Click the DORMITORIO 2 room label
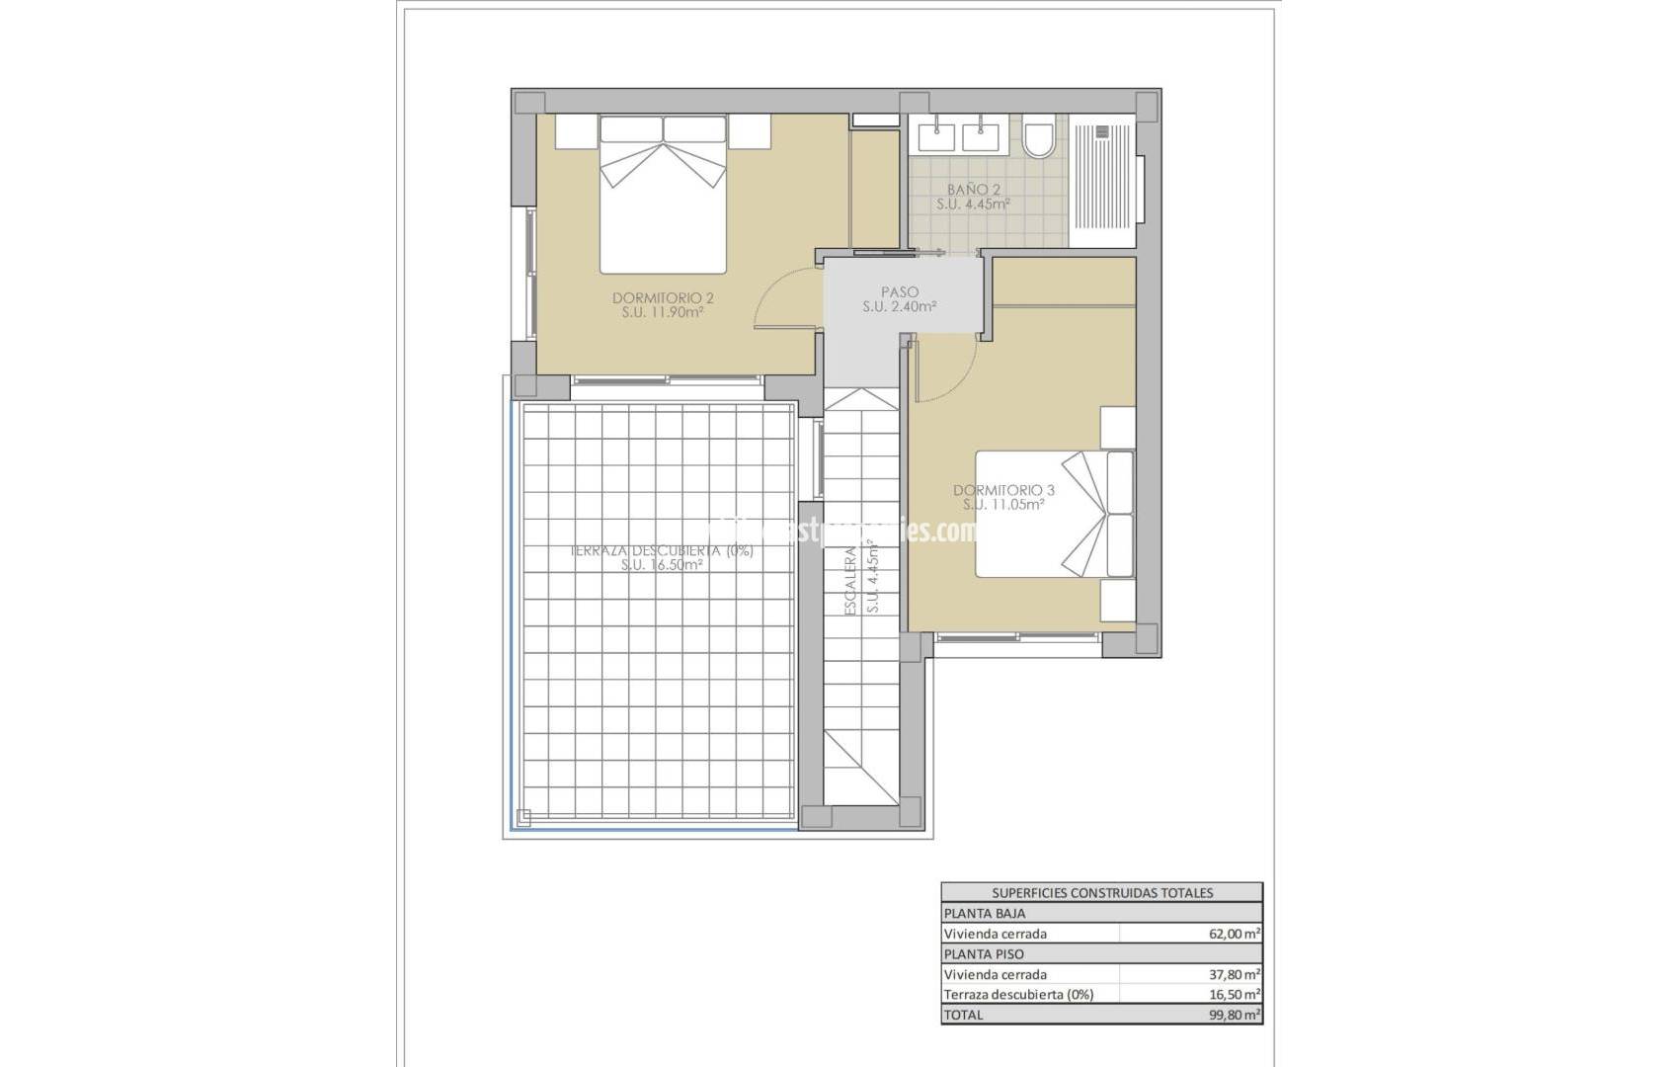tap(663, 297)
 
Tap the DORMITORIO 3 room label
tap(1003, 490)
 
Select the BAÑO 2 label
tap(973, 189)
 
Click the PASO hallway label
tap(899, 292)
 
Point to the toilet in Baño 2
tap(1039, 137)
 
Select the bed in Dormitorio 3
tap(1052, 514)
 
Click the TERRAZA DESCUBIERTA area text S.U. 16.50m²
tap(662, 566)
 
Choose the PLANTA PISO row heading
tap(984, 954)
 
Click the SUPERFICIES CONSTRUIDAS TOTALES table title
tap(1102, 893)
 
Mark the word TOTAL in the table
tap(964, 1015)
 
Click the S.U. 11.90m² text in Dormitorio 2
tap(663, 312)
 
